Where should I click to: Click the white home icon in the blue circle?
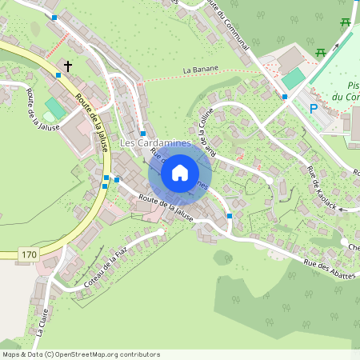coord(180,172)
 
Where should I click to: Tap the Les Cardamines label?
coord(155,143)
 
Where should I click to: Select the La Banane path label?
coord(200,70)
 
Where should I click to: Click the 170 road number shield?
coord(29,254)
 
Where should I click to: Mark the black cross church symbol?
coord(68,66)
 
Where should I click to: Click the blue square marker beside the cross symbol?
coord(58,75)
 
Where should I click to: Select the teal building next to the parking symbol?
coord(294,78)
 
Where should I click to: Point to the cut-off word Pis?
coord(353,86)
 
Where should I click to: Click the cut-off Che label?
coord(353,248)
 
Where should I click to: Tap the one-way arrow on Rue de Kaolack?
coord(342,210)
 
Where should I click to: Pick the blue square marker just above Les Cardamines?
coord(142,133)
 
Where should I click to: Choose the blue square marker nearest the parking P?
coord(285,97)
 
